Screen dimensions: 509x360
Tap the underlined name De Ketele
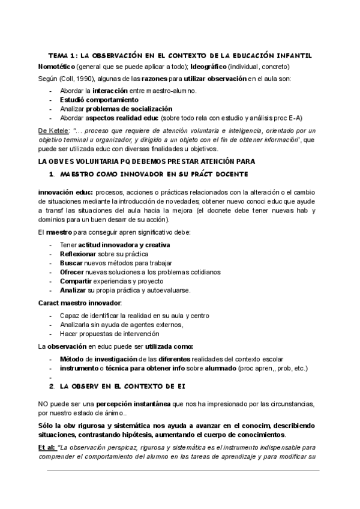pos(53,130)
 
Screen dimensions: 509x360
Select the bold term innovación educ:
pos(64,191)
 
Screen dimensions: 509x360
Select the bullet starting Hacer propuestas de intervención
pos(109,333)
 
